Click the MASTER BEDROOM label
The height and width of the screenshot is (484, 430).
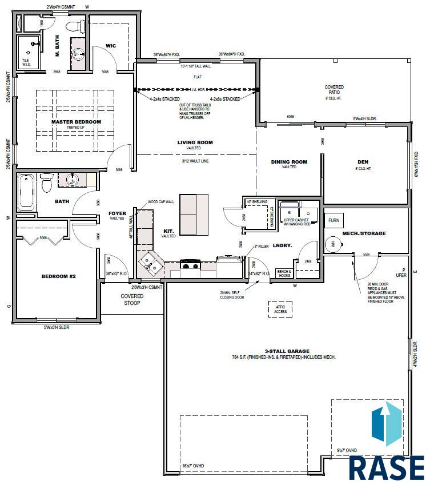tap(75, 122)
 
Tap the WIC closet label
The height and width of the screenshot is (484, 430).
tap(111, 46)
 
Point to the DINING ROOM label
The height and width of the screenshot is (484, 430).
tap(289, 162)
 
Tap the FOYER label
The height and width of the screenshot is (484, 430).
tap(117, 214)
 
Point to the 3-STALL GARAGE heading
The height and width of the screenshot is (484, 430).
tap(287, 351)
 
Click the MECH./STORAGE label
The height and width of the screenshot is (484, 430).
tap(364, 233)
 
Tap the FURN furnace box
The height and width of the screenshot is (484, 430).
tap(333, 220)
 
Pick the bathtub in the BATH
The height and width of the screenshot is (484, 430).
tap(27, 192)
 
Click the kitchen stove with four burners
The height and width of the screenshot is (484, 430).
tap(190, 264)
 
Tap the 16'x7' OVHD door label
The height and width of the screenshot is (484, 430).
tap(194, 466)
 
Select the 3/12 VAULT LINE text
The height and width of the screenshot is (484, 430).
tap(195, 161)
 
